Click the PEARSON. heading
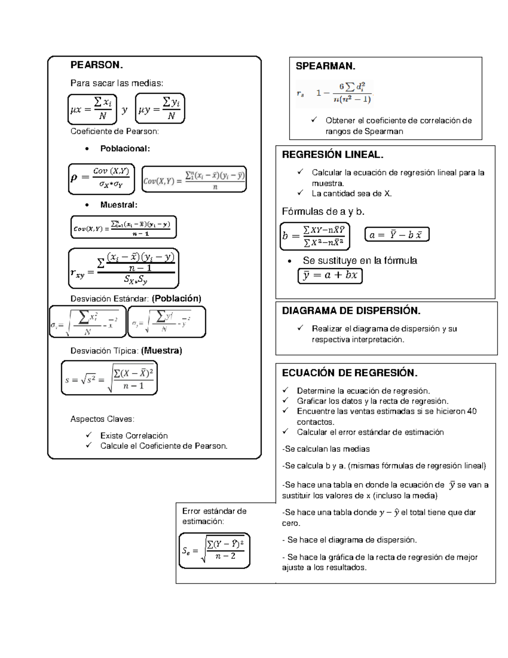coord(97,65)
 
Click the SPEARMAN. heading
coord(325,67)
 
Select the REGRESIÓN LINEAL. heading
coord(333,155)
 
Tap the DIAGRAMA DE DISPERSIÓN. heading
coord(351,311)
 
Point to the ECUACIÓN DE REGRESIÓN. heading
coord(350,373)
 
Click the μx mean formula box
coord(92,109)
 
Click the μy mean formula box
coord(160,109)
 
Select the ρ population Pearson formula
coord(102,178)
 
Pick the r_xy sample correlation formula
coord(124,268)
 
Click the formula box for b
coord(315,236)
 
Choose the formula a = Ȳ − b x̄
coord(397,235)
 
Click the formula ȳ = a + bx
coord(330,275)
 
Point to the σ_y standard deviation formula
coord(166,322)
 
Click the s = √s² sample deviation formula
coord(109,378)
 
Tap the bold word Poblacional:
coord(125,149)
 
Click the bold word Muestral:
coord(119,205)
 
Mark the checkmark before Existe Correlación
coord(88,435)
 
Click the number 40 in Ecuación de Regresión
coord(472,411)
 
